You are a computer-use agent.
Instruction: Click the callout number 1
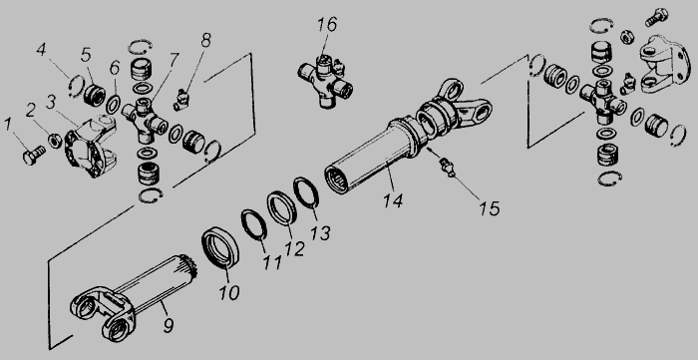pos(8,125)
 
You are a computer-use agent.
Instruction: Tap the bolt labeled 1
pos(33,154)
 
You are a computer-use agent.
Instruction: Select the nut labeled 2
pos(55,141)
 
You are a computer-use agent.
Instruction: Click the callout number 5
pos(86,55)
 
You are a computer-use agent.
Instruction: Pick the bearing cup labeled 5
pos(94,94)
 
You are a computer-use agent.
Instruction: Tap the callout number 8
pos(205,40)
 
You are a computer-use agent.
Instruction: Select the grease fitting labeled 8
pos(181,100)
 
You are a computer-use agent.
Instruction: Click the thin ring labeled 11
pos(254,225)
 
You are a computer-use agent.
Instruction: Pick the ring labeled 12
pos(282,206)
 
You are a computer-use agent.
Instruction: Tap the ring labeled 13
pos(306,192)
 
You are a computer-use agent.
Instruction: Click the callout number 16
pos(327,25)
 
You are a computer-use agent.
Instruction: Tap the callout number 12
pos(294,248)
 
